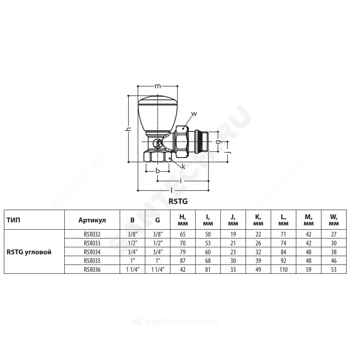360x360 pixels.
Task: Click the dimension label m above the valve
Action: (157, 86)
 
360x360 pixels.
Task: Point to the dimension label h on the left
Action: (129, 129)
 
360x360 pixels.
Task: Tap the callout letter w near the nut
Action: (194, 114)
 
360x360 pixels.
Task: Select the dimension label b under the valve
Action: (158, 171)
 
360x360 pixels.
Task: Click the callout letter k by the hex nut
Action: (183, 167)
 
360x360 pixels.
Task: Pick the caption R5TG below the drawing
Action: (178, 201)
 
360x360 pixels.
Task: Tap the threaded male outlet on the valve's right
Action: (202, 141)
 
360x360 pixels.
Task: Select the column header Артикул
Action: (92, 220)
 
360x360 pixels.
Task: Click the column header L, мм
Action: (283, 220)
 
